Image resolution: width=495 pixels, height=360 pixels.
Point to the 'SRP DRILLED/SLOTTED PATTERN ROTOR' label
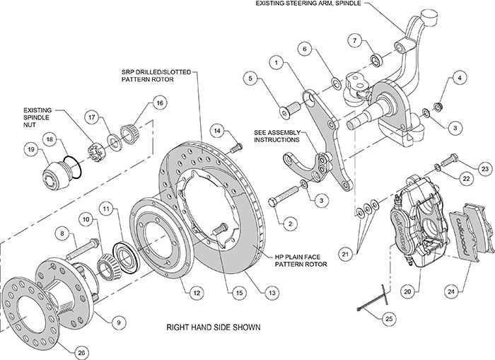(146, 76)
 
